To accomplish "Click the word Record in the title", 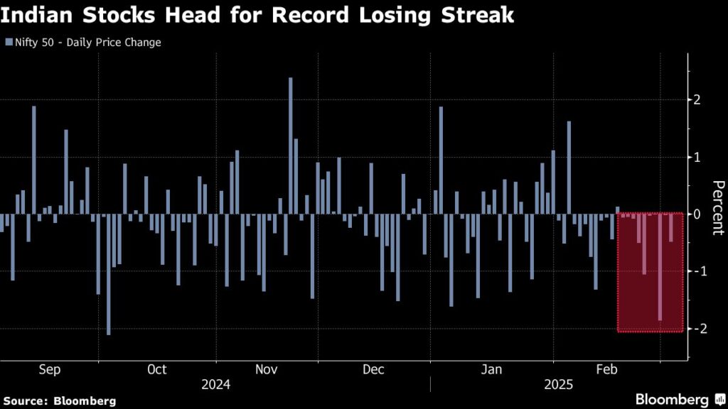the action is coord(310,15).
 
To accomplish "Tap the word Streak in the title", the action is coord(477,15).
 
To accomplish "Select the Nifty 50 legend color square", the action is coord(9,42).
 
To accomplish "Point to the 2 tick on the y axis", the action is coord(697,99).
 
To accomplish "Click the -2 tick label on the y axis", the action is coord(700,328).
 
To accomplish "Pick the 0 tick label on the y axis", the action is coord(697,214).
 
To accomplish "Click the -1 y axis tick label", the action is coord(700,271).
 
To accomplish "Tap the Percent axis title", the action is coord(718,208).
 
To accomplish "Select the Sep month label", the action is coord(49,369).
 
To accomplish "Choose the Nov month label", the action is coord(267,369).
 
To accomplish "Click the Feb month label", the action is coord(606,369).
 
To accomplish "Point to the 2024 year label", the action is coord(216,385).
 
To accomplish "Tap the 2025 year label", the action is coord(559,385).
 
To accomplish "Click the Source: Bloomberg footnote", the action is coord(60,401).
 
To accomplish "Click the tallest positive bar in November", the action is coord(291,146).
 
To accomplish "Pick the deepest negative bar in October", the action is coord(109,275).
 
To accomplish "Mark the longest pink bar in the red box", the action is coord(660,267).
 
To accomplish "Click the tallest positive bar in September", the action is coord(34,160).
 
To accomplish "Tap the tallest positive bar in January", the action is coord(441,160).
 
